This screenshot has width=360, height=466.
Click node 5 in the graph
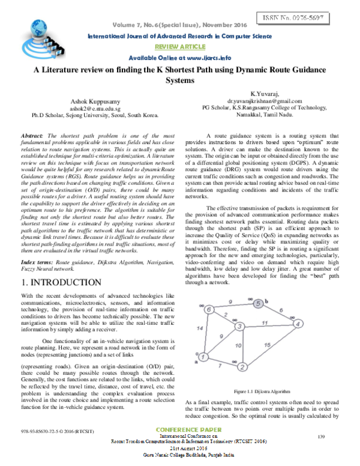click(257, 304)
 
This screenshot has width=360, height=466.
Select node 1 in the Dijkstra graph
click(203, 357)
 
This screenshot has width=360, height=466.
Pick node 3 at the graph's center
click(239, 327)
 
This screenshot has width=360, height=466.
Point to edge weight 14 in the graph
click(199, 330)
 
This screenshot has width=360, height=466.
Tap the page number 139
click(320, 435)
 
